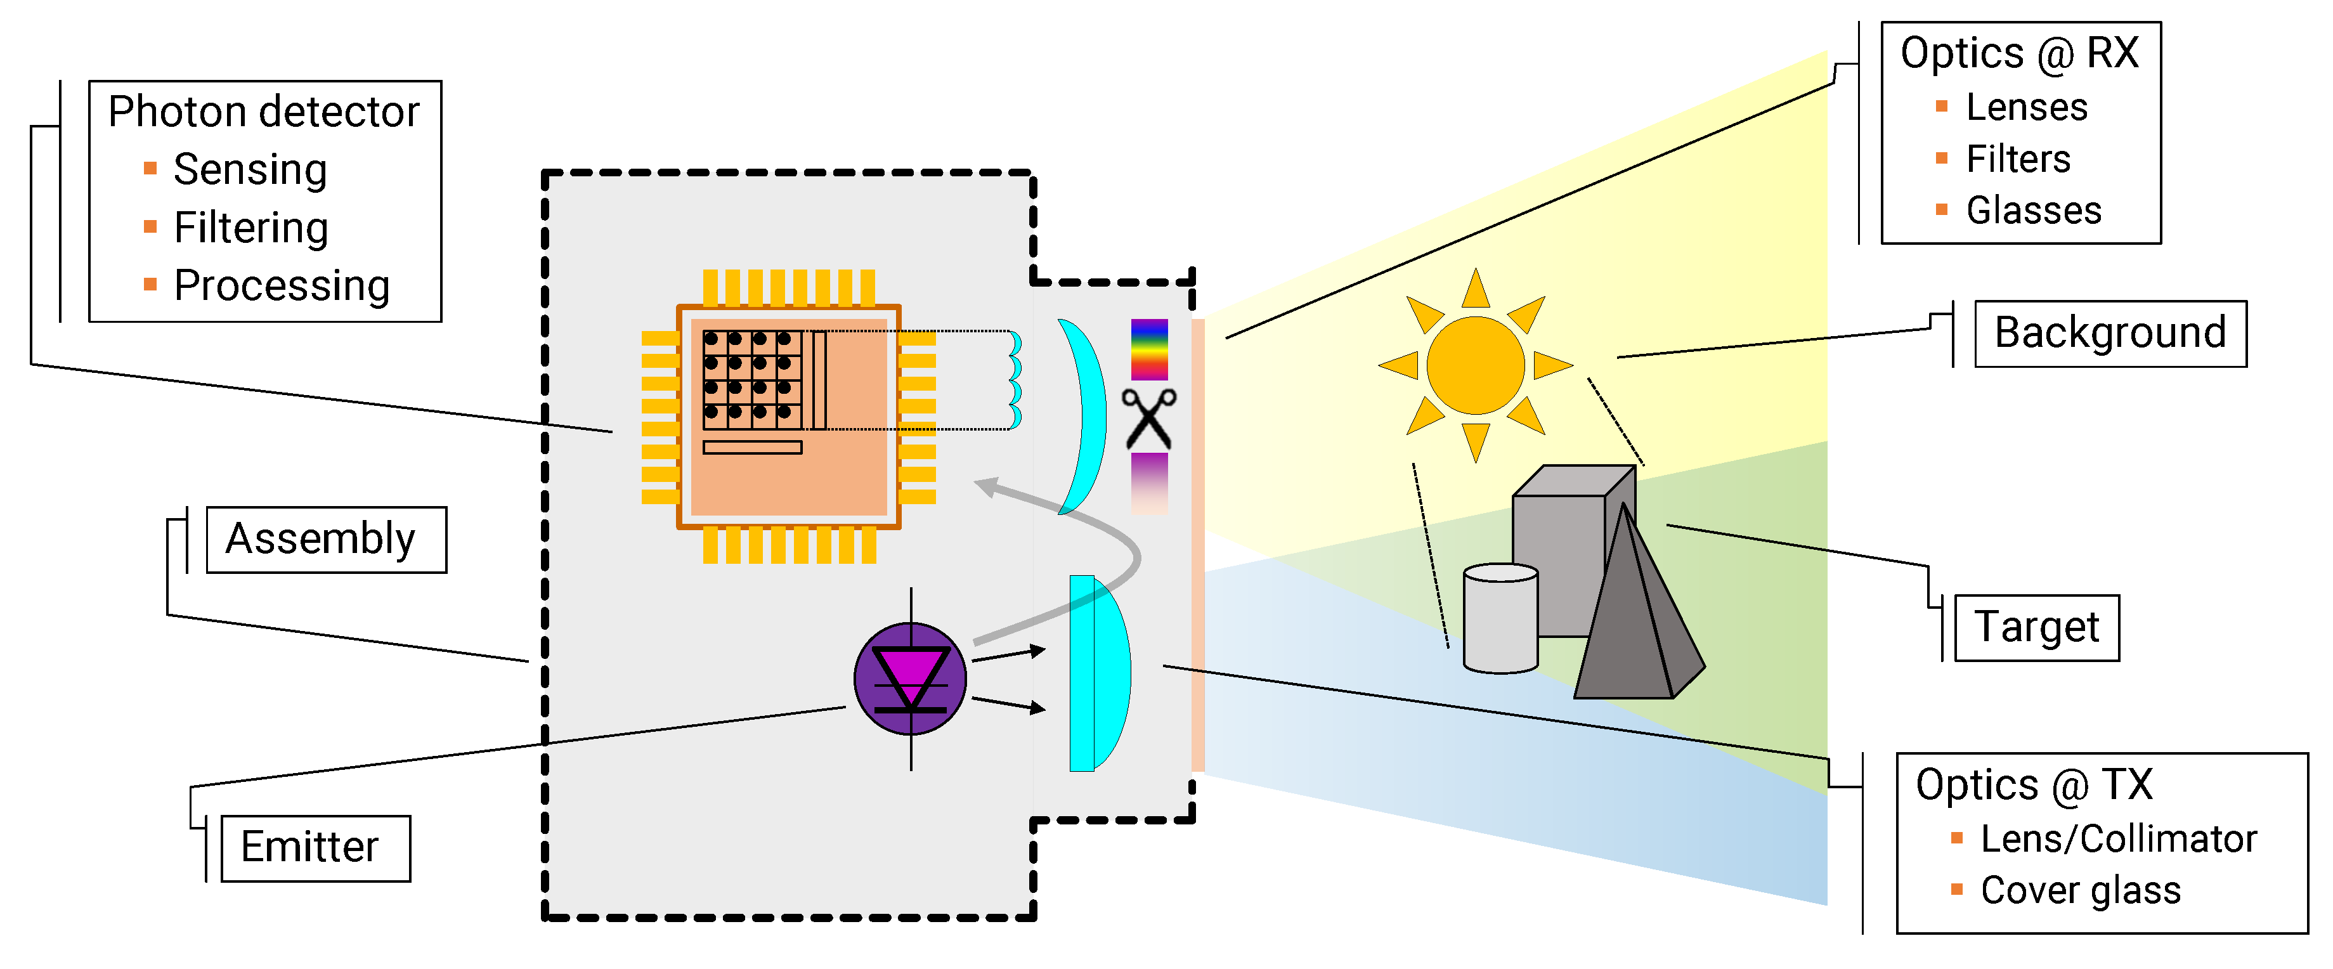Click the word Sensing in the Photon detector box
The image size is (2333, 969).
250,169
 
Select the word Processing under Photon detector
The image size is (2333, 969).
282,285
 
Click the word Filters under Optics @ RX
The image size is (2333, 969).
2018,159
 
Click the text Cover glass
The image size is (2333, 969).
2081,890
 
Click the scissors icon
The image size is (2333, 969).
1148,419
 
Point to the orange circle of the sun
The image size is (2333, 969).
1476,365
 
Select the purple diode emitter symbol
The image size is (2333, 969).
910,679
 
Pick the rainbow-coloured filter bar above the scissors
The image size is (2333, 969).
1148,349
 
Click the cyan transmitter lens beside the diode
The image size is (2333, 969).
1098,673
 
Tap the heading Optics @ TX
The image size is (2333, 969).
2033,784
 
